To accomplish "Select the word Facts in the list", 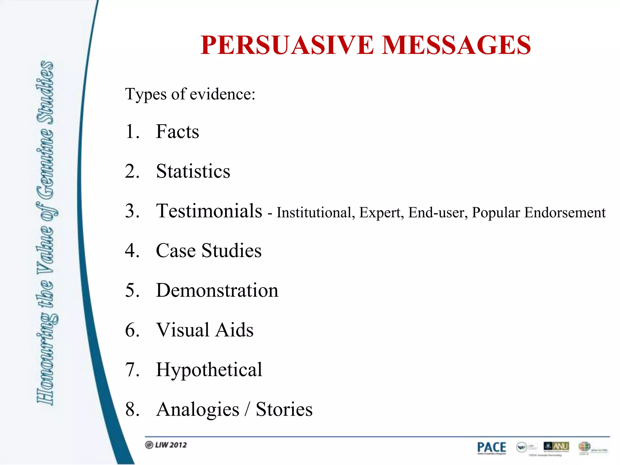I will [x=177, y=132].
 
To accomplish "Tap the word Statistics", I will [x=193, y=171].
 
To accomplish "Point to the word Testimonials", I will [x=209, y=211].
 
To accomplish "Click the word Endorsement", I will [x=565, y=213].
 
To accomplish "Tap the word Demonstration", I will [x=217, y=290].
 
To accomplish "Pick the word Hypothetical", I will [x=209, y=370].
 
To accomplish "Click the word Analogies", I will [x=198, y=409].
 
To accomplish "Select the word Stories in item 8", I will [x=284, y=409].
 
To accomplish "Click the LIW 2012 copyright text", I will [x=166, y=445].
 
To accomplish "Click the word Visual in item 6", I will [x=183, y=330].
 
